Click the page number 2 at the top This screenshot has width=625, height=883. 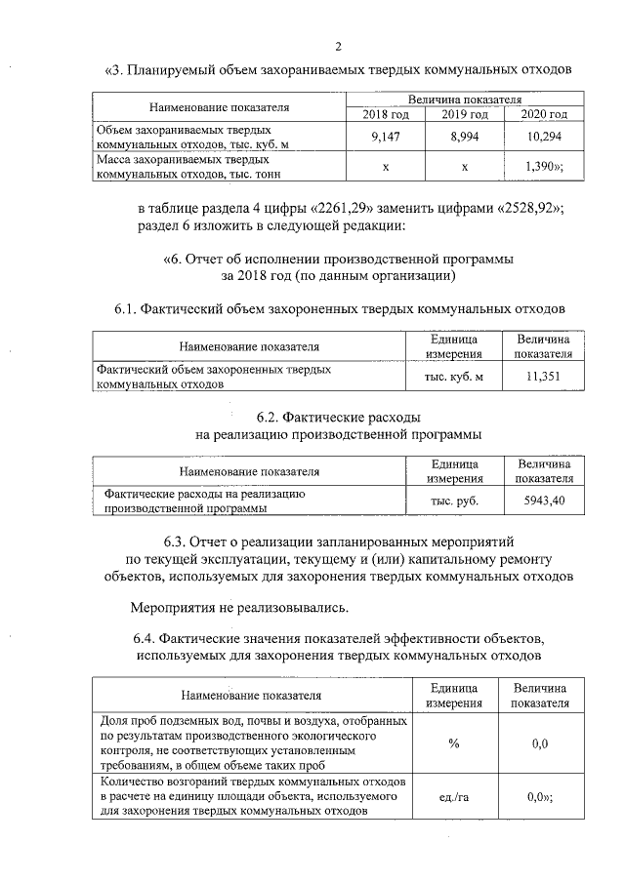[x=338, y=46]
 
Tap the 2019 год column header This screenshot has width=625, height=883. [x=465, y=115]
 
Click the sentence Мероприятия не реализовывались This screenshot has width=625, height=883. [x=240, y=609]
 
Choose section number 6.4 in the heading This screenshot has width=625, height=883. [x=146, y=637]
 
